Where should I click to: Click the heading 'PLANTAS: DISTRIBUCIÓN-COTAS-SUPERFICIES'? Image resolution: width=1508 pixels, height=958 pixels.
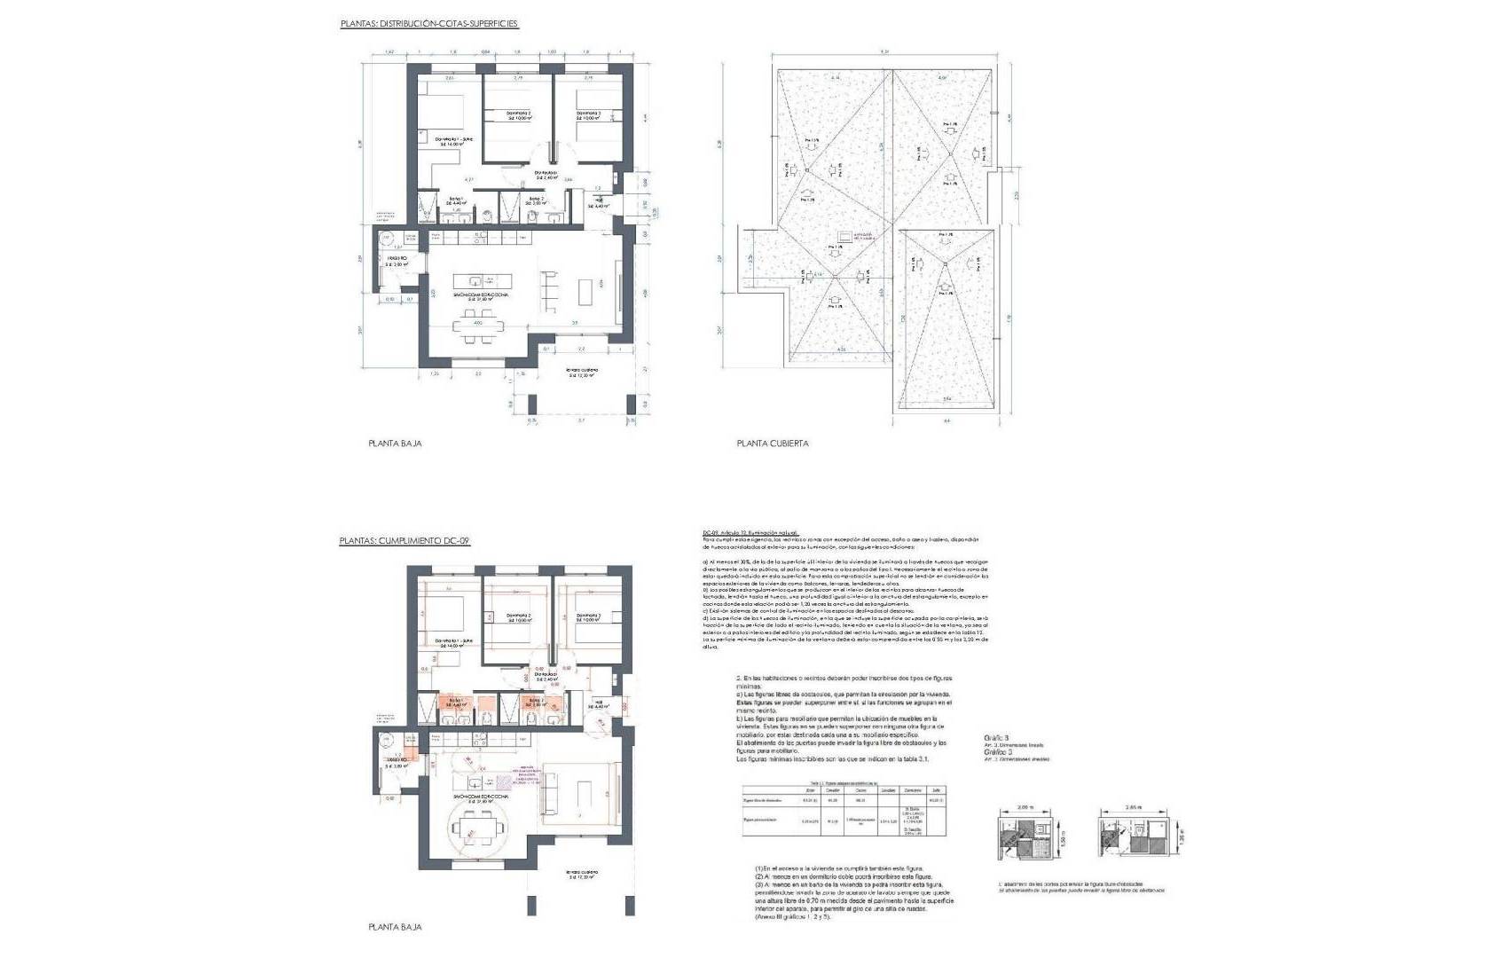click(x=428, y=24)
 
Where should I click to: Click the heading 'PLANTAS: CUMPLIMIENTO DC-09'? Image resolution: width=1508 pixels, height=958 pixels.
click(x=404, y=540)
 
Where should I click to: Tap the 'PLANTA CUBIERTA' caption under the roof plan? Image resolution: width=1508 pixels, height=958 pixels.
click(x=772, y=444)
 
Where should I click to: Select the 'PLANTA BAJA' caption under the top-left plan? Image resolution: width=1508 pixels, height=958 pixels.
click(x=395, y=443)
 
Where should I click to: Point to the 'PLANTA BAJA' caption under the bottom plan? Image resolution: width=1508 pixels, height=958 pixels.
click(x=395, y=927)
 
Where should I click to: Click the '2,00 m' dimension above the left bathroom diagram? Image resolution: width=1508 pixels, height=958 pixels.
click(x=1025, y=808)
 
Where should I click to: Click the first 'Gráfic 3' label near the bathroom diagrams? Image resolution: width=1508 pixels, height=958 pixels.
click(x=997, y=737)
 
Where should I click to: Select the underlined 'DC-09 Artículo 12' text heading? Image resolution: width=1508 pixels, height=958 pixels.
click(x=750, y=532)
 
